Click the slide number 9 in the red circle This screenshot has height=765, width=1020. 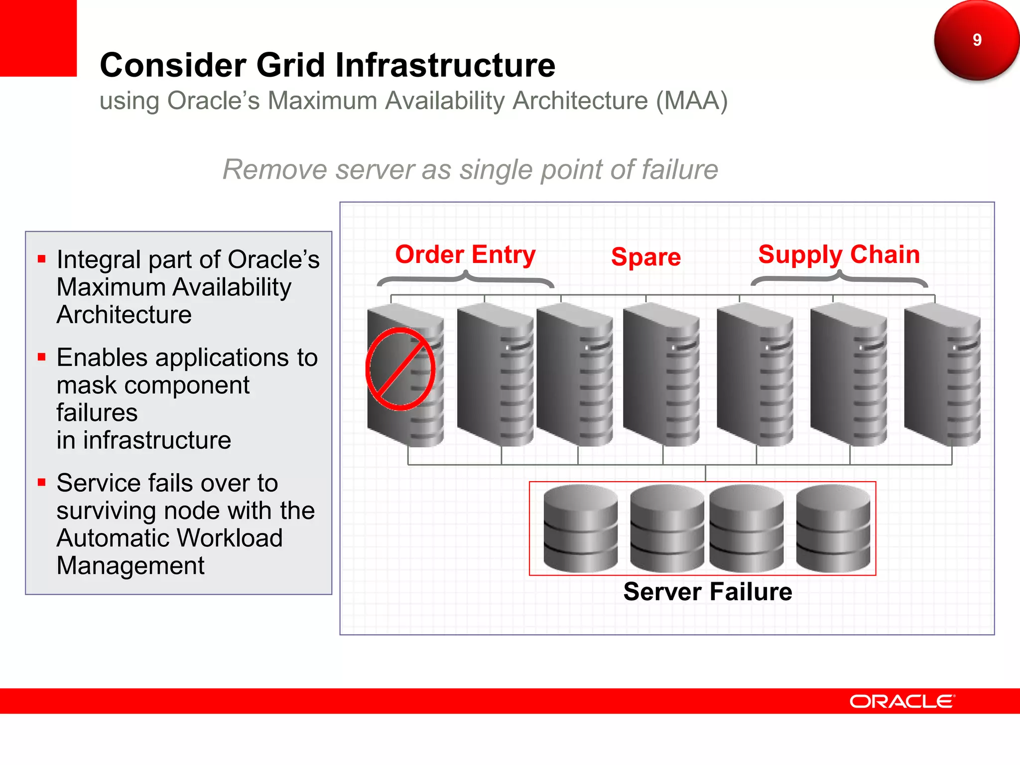click(x=977, y=40)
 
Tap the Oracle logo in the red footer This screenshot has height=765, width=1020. click(x=902, y=701)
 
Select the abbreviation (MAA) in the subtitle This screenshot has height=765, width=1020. click(x=692, y=101)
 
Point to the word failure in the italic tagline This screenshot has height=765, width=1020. click(x=680, y=169)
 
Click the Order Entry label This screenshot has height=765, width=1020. click(x=465, y=255)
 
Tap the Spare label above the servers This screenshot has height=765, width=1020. click(x=645, y=257)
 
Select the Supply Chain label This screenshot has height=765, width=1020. click(x=839, y=255)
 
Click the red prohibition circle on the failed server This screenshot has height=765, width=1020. click(x=400, y=369)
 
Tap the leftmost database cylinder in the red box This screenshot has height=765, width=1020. click(x=580, y=528)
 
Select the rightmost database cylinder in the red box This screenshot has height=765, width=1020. click(x=833, y=528)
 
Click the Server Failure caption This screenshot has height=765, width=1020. click(x=707, y=592)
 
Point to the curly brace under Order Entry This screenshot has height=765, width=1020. click(x=465, y=279)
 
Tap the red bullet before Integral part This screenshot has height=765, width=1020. click(x=42, y=258)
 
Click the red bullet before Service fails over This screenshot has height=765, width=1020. click(x=42, y=482)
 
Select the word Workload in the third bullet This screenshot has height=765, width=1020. click(x=230, y=538)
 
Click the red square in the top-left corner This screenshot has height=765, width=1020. click(x=38, y=38)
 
